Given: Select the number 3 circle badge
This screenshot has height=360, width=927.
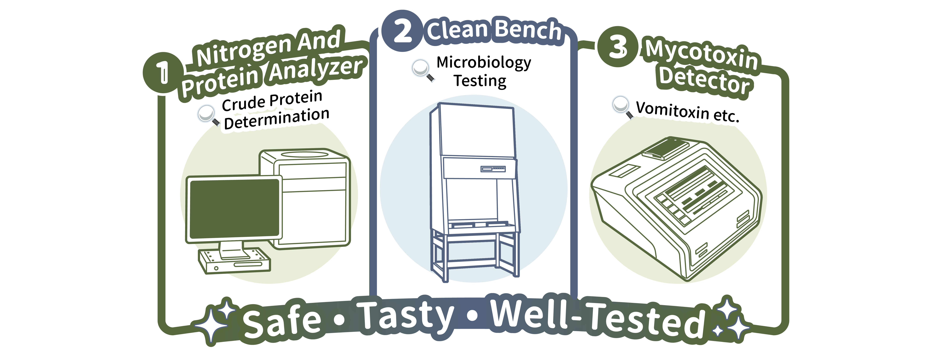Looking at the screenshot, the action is (x=618, y=47).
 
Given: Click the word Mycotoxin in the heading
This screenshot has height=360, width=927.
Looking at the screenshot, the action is (x=702, y=55).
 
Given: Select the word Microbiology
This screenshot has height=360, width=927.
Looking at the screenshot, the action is (x=484, y=63).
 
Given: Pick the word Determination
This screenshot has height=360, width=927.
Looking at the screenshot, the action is (x=276, y=118).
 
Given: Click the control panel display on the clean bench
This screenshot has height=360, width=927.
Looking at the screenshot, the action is (x=493, y=169).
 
